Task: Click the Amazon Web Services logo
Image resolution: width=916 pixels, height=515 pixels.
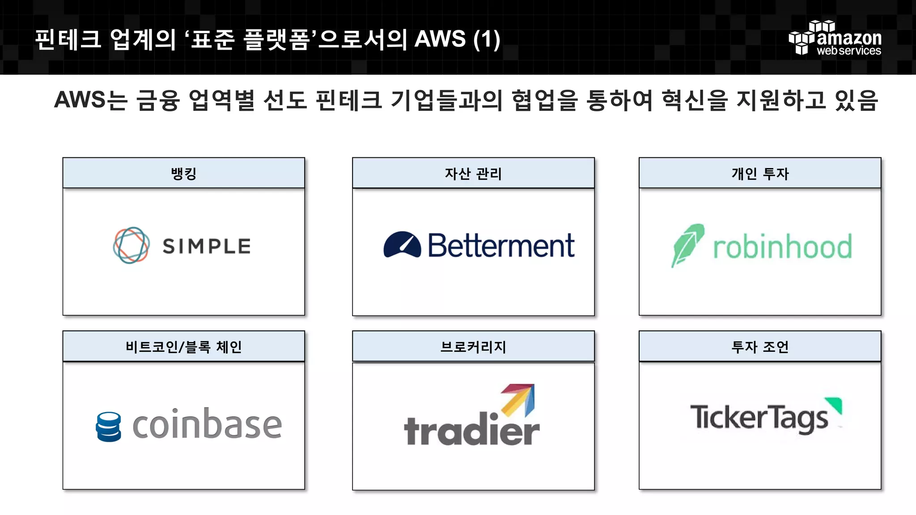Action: (x=835, y=38)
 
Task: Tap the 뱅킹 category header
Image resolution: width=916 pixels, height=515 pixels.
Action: (x=183, y=173)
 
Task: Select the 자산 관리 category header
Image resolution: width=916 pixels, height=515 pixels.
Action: (x=473, y=173)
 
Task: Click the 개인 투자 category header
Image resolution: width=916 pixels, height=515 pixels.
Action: (x=759, y=173)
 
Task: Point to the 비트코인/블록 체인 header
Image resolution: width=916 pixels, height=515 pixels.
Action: (x=183, y=346)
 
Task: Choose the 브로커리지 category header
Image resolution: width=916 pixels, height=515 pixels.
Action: (x=473, y=346)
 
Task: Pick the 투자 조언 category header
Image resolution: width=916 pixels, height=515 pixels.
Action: (x=759, y=346)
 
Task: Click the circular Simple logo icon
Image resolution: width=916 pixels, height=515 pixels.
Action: (x=131, y=245)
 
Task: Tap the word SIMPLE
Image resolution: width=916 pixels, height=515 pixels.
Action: (x=207, y=246)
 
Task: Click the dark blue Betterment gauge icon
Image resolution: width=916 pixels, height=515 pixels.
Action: (x=402, y=245)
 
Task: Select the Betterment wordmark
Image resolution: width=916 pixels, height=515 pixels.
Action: (x=501, y=245)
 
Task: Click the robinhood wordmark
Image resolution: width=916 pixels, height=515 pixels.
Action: (x=782, y=247)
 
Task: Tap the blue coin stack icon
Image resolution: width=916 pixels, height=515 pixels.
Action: (x=109, y=426)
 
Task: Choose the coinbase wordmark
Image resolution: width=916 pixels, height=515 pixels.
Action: (x=207, y=424)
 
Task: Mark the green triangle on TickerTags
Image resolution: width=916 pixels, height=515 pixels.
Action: (x=835, y=405)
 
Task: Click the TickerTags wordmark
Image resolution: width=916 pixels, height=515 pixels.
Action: (x=759, y=418)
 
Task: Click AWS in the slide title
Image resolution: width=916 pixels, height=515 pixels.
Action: (x=440, y=39)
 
